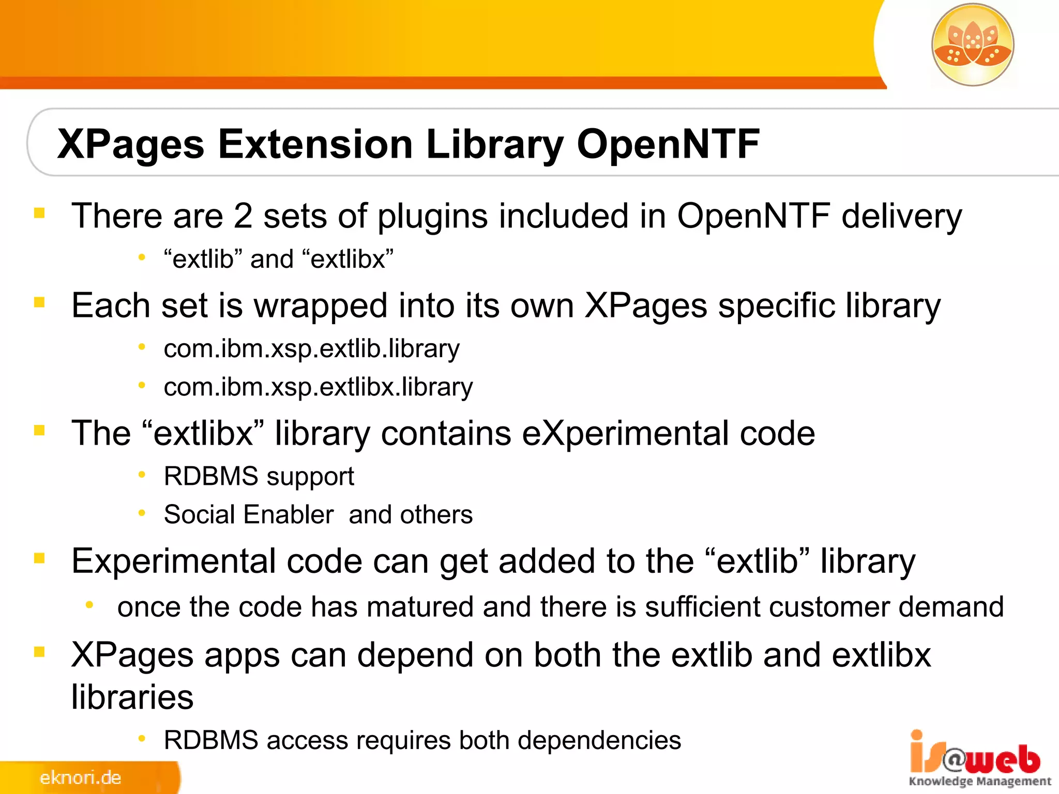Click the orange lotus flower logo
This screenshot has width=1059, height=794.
pos(972,44)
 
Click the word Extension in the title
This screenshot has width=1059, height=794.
pos(315,144)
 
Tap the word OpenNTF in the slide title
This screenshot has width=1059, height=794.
pos(668,144)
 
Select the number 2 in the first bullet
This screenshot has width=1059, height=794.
pos(243,216)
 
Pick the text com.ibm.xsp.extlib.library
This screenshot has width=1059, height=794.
pos(311,349)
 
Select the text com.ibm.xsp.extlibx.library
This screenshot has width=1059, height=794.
pos(318,387)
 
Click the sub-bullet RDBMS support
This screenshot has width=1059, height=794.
pos(259,477)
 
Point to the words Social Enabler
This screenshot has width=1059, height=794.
pos(248,515)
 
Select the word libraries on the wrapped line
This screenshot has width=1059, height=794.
pos(132,697)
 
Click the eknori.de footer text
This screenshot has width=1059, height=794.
pos(81,777)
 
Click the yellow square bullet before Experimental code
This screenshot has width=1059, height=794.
pos(39,558)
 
